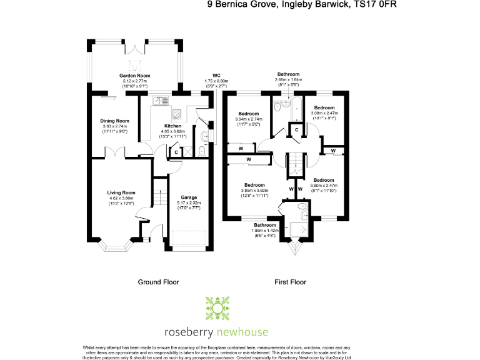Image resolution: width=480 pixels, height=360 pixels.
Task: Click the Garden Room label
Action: (x=135, y=76)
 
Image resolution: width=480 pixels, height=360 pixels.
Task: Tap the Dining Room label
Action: (x=115, y=121)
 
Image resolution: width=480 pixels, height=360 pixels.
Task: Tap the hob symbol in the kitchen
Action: (x=177, y=114)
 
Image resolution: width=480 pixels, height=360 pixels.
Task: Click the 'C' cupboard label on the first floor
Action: (x=297, y=129)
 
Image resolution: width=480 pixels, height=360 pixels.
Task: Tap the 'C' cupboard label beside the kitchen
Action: (x=176, y=151)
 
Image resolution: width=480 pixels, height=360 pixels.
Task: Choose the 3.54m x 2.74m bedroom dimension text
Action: (x=249, y=119)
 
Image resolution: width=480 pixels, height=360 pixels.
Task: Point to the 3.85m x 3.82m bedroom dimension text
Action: (x=256, y=191)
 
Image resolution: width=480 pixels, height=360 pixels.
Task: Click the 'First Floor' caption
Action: (x=290, y=282)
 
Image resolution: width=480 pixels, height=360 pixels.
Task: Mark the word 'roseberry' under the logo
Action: (x=187, y=332)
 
